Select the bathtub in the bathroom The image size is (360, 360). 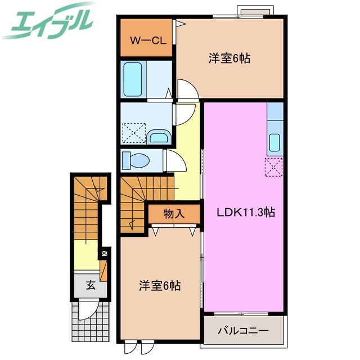click(133, 79)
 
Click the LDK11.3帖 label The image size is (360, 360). click(246, 213)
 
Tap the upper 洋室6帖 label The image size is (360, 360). click(229, 58)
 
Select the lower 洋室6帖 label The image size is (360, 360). click(160, 286)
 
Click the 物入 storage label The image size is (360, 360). click(174, 214)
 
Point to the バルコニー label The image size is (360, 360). click(243, 330)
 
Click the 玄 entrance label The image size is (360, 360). click(91, 285)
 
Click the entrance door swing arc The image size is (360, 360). click(87, 309)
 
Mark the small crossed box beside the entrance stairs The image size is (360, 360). click(103, 254)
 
